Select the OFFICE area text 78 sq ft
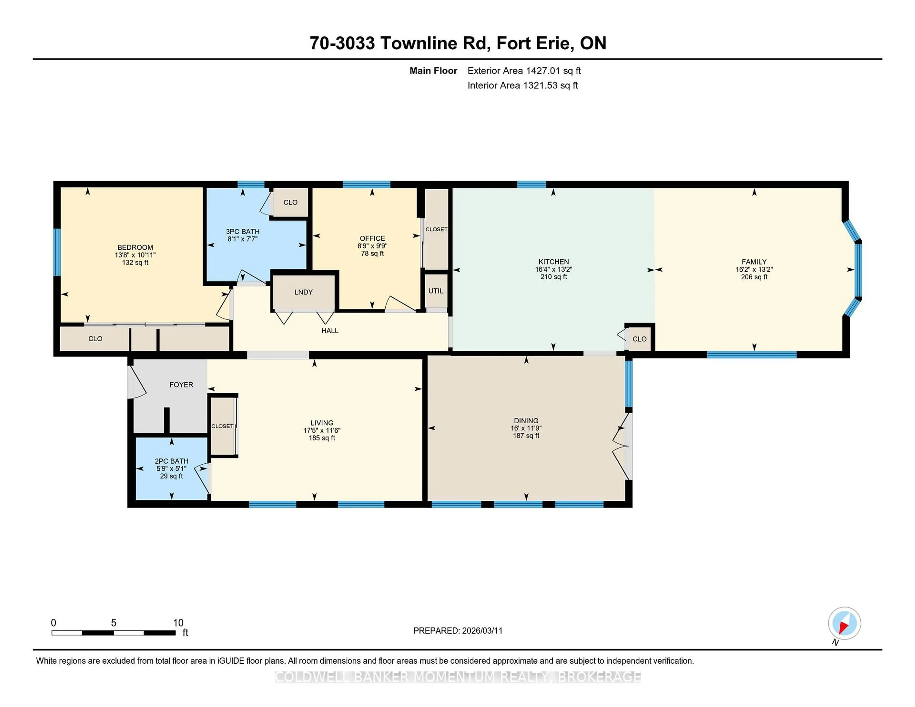click(372, 253)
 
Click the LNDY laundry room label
click(303, 292)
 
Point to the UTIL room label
click(436, 291)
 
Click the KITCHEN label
click(554, 262)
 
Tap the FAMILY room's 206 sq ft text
click(754, 277)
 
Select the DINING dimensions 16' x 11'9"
click(526, 428)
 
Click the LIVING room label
click(322, 423)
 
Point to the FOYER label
click(181, 384)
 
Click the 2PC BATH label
click(171, 461)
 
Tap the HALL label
click(330, 330)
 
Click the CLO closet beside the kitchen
click(639, 339)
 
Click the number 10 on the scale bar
click(178, 623)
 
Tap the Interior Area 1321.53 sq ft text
click(523, 86)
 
